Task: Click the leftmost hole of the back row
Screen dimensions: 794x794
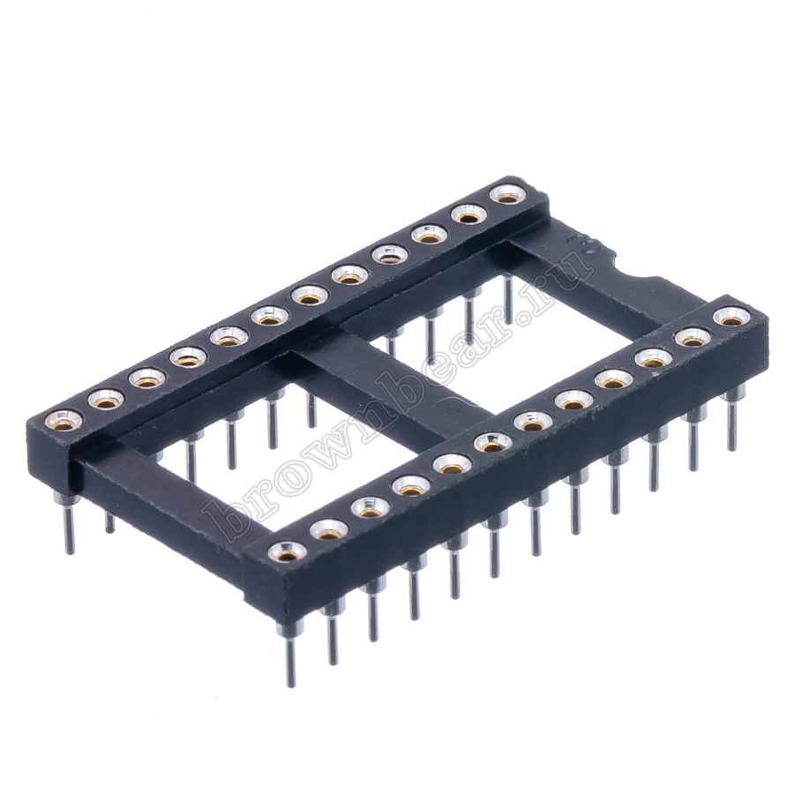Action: click(x=62, y=419)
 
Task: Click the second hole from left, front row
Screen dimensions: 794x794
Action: click(x=329, y=529)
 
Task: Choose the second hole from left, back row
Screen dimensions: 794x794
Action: click(x=104, y=399)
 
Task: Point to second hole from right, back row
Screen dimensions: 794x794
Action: click(x=469, y=216)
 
